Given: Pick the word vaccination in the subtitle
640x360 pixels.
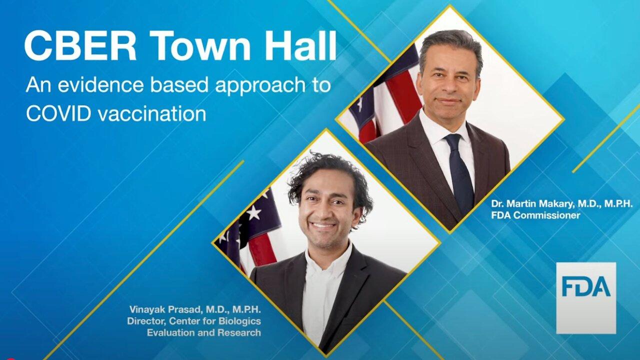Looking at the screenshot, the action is pos(152,114).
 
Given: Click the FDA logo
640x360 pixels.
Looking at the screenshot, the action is pos(586,298).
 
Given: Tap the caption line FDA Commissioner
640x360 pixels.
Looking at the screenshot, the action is pos(535,215).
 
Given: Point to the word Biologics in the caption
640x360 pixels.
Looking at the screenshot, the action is pos(239,321).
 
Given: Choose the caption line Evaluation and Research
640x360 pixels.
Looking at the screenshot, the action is pos(204,332).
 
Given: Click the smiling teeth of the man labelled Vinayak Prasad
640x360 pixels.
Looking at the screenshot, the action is pos(323,225).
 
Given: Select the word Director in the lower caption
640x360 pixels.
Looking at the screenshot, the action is pos(146,321).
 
